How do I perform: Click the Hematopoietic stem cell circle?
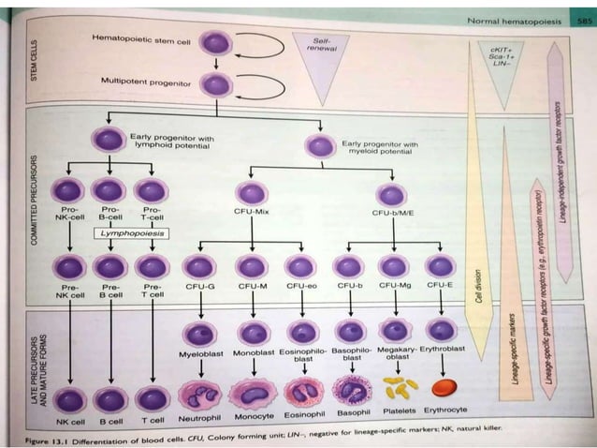pyautogui.click(x=216, y=43)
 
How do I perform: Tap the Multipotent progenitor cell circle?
pyautogui.click(x=216, y=86)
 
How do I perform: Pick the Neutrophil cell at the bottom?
pyautogui.click(x=199, y=394)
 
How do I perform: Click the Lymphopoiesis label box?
pyautogui.click(x=128, y=231)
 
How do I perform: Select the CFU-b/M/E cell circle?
pyautogui.click(x=393, y=195)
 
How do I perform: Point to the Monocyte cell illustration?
pyautogui.click(x=252, y=394)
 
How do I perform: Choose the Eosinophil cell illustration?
pyautogui.click(x=301, y=394)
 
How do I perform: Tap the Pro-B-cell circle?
pyautogui.click(x=109, y=190)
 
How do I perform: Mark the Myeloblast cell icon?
pyautogui.click(x=199, y=333)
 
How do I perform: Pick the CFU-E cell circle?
pyautogui.click(x=440, y=266)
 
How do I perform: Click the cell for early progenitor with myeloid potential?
pyautogui.click(x=321, y=147)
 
